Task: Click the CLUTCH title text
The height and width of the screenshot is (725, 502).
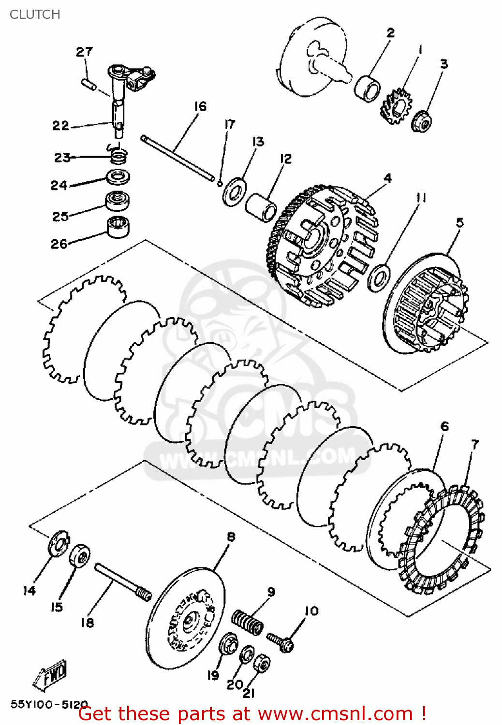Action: pos(35,14)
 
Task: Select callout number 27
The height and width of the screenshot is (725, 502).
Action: pos(84,52)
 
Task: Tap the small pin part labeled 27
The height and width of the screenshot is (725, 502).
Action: pos(89,84)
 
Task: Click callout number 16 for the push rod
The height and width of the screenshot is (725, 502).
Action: pos(200,106)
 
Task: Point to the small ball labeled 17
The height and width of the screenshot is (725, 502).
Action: pos(220,183)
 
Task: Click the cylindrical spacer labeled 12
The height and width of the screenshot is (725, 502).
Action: pos(261,208)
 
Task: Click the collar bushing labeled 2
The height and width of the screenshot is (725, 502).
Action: pos(367,87)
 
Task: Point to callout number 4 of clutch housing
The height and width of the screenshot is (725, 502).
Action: pos(387,178)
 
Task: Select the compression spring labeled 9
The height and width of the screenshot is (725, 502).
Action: pos(248,622)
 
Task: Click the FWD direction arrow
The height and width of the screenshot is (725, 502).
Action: pos(51,675)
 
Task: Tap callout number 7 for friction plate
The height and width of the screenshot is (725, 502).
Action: pos(474,444)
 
